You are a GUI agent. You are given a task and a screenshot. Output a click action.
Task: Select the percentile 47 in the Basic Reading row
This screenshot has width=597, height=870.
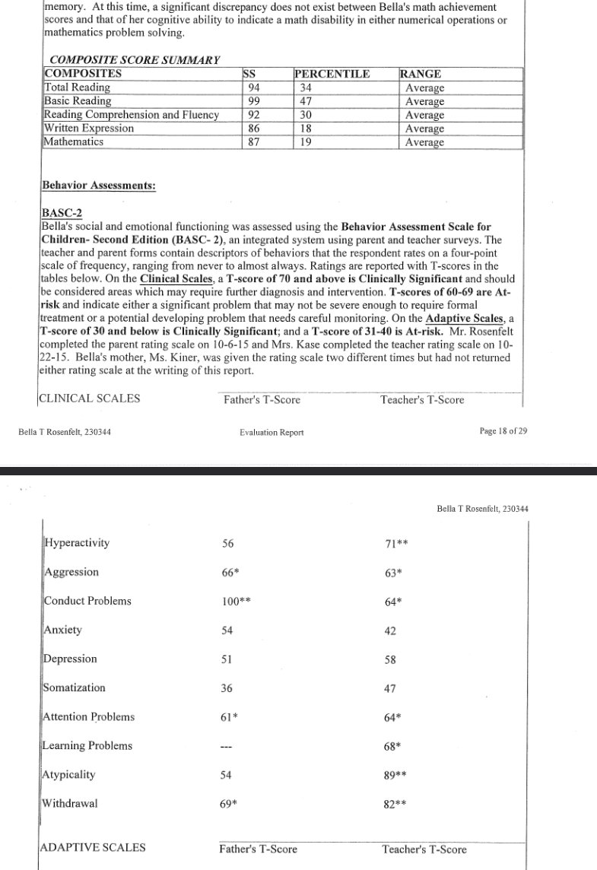(302, 101)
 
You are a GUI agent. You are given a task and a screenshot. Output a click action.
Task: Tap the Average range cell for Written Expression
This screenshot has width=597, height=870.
(424, 129)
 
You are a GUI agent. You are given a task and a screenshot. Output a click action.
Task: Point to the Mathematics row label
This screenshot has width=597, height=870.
(74, 141)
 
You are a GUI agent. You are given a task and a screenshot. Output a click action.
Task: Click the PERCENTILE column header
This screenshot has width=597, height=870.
(332, 74)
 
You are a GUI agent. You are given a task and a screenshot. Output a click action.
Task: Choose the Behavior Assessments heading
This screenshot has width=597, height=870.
(98, 185)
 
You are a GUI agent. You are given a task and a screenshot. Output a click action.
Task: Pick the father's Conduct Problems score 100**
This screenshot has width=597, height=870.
(237, 601)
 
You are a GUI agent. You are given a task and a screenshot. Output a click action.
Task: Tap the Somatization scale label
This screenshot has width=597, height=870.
(74, 687)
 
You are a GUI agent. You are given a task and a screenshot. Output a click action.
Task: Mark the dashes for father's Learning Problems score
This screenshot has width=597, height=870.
(226, 747)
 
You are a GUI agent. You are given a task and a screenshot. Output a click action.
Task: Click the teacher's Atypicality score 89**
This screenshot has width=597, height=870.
(398, 775)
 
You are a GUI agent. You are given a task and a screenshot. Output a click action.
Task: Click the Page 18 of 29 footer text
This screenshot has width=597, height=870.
(503, 431)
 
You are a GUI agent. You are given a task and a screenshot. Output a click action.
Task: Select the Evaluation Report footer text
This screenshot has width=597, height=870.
(272, 432)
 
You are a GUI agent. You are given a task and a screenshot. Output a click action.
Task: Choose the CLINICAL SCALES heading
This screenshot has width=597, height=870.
(90, 399)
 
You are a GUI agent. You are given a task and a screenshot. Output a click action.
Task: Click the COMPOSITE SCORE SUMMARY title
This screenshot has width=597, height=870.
(134, 60)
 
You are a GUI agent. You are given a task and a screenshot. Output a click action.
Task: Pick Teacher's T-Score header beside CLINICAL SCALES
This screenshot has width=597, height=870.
(422, 400)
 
